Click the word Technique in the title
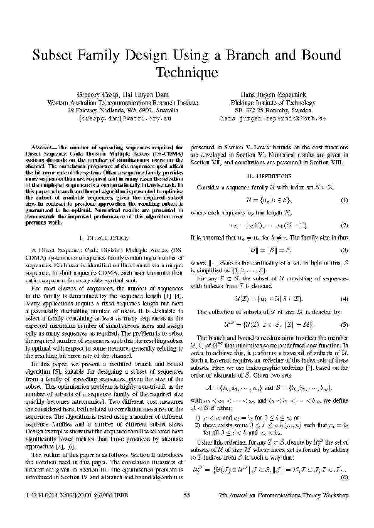pos(186,73)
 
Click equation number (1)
pos(344,200)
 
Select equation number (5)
pos(344,324)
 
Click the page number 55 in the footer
pos(186,513)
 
